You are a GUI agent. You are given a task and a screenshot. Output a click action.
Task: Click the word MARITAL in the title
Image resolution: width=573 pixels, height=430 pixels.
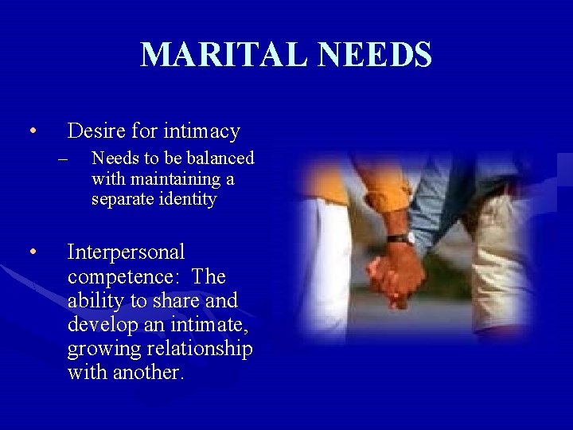[220, 55]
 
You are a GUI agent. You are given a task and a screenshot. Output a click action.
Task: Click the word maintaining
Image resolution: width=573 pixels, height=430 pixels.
[170, 178]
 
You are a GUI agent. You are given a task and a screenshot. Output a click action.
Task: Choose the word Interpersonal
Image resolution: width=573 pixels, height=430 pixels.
[127, 252]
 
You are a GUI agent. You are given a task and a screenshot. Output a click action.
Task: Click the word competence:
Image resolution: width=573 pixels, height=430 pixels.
[126, 276]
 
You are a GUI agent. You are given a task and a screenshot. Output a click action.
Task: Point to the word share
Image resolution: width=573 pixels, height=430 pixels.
[170, 300]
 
